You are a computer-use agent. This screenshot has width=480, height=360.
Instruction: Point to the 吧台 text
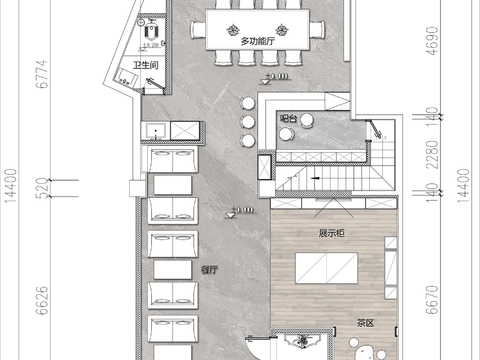pos(288,118)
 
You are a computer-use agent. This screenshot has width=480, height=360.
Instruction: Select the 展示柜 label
pos(332,234)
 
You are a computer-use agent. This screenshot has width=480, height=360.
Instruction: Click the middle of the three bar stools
pos(246,121)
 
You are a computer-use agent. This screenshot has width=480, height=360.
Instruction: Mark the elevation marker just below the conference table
pos(277,76)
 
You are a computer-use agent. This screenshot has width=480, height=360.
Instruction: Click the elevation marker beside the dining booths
pos(241,210)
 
